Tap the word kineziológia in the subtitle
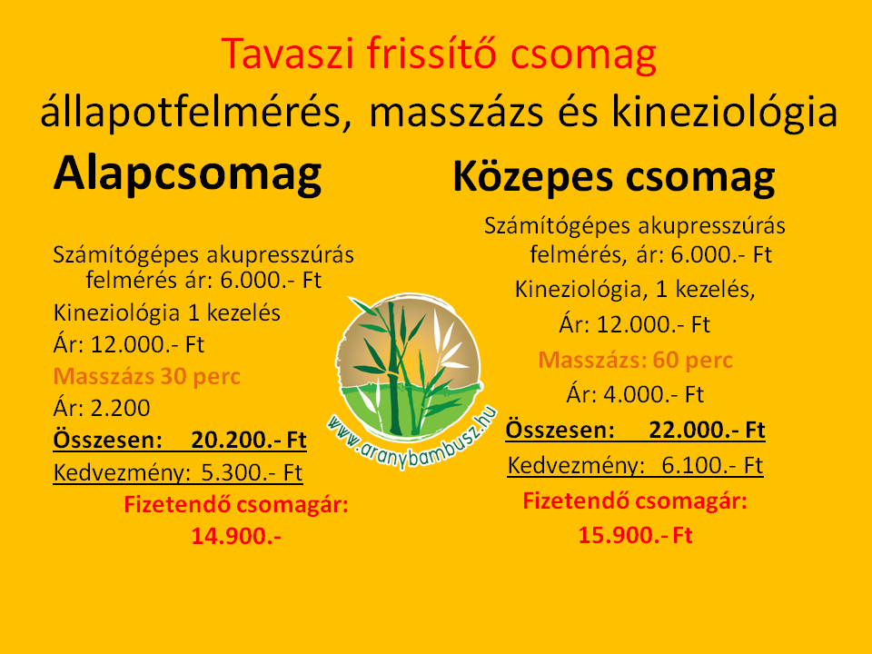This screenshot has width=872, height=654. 725,113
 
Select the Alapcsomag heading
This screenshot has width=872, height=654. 187,175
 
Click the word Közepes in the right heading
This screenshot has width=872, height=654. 533,177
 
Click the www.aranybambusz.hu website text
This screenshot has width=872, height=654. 411,440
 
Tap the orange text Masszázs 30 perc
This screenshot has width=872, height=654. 147,377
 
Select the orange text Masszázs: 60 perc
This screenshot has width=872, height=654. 635,361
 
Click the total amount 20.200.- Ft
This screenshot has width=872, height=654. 249,440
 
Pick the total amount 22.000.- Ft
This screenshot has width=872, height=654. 707,430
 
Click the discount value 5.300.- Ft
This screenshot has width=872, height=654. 252,472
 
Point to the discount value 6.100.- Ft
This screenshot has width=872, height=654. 712,465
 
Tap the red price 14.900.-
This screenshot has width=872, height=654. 236,536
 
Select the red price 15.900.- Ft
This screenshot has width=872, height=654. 635,535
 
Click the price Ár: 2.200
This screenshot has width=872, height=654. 102,408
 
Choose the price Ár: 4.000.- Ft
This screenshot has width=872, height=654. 635,395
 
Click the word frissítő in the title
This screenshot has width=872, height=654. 431,54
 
